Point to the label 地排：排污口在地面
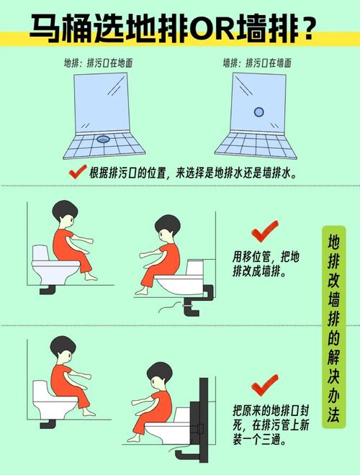(98, 63)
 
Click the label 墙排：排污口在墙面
(257, 63)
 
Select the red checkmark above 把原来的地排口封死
(264, 383)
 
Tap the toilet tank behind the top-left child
(40, 253)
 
